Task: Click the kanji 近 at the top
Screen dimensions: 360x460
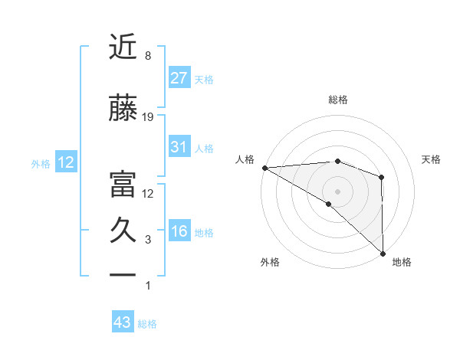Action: (123, 47)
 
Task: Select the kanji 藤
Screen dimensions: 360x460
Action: (123, 109)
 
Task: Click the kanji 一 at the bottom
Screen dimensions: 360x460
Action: (123, 273)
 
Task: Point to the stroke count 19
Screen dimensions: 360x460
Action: (148, 117)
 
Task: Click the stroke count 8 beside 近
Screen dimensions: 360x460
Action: (147, 56)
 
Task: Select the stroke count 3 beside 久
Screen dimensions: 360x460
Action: (148, 240)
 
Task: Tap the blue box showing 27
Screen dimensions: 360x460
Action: (179, 77)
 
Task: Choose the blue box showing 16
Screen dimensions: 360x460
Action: (179, 231)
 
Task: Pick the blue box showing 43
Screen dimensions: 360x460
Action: (122, 322)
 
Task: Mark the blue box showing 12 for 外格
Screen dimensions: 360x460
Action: (65, 162)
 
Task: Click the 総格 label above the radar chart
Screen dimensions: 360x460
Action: (338, 100)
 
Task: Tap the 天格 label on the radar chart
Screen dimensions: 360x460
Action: (432, 159)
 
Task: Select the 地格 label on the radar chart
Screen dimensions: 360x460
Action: (402, 262)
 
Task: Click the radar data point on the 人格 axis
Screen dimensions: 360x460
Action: (264, 168)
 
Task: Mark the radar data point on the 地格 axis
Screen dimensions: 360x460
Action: (383, 253)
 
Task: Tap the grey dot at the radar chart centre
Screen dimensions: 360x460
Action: (337, 191)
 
